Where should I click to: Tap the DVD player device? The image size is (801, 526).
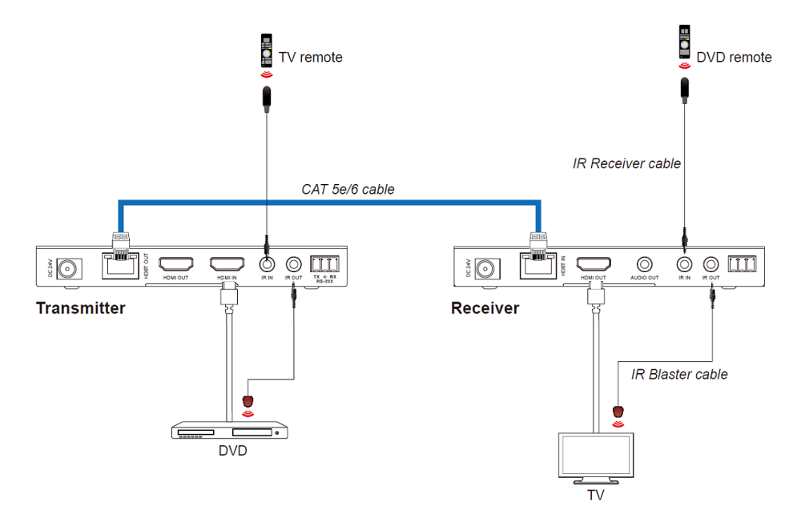click(229, 432)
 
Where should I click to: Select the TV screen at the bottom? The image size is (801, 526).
click(595, 458)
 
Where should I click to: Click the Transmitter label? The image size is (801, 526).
click(80, 308)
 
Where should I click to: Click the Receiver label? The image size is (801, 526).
click(485, 308)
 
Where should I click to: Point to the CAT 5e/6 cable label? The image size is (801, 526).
click(348, 190)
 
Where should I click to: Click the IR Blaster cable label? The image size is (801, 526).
click(679, 374)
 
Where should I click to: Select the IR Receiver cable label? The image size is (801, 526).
click(626, 164)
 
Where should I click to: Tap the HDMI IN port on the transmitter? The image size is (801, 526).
click(227, 263)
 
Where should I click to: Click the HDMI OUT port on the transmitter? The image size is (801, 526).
click(176, 263)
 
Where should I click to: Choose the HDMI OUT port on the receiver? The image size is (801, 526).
click(594, 263)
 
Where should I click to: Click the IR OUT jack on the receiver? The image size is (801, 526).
click(710, 263)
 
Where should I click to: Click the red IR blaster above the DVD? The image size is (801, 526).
click(248, 400)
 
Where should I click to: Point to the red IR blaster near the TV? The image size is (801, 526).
click(618, 412)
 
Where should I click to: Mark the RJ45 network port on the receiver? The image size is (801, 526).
click(536, 263)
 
